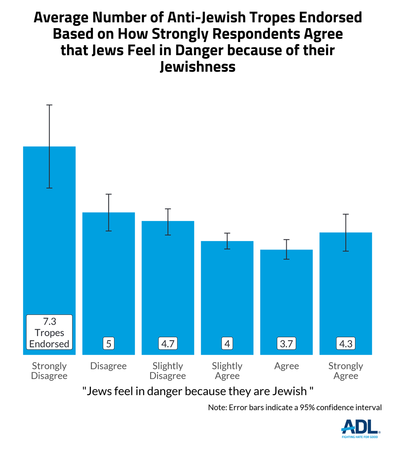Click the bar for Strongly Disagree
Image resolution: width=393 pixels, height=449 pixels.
click(x=49, y=231)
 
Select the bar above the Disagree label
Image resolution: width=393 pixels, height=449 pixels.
click(x=109, y=277)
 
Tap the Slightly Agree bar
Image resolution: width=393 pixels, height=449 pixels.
click(x=227, y=293)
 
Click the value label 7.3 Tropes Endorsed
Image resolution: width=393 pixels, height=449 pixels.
click(x=49, y=332)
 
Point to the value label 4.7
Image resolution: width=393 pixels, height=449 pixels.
click(x=168, y=343)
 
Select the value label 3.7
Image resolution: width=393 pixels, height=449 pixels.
click(x=287, y=343)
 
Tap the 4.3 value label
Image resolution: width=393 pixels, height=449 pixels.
click(x=346, y=343)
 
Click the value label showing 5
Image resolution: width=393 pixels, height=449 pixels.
click(x=109, y=343)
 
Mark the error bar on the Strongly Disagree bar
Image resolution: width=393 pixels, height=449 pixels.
click(x=49, y=146)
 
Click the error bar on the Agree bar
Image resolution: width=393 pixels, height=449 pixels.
click(x=287, y=249)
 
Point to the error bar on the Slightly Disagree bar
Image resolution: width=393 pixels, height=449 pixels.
click(x=168, y=222)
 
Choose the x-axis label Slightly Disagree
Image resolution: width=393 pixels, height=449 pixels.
click(x=168, y=370)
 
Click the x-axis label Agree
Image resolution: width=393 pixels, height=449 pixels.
click(x=287, y=366)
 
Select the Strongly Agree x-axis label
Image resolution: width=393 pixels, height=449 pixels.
click(x=346, y=370)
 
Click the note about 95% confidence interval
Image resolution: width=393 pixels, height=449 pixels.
click(x=295, y=407)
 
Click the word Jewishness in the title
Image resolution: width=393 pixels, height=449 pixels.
click(x=198, y=67)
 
